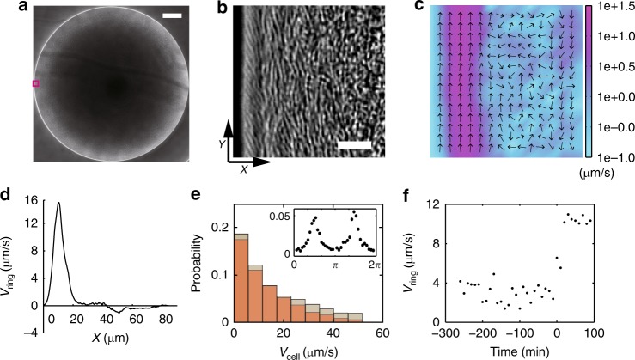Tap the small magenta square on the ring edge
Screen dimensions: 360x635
36,83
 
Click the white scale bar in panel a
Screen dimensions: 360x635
171,16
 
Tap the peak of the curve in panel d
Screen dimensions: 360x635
58,203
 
